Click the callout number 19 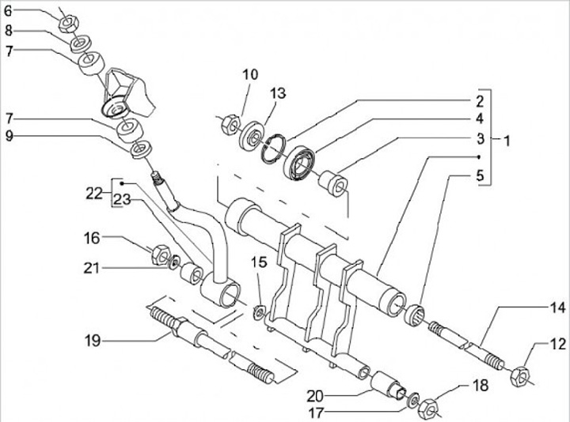pos(93,341)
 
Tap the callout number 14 pos(557,307)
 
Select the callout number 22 pos(93,194)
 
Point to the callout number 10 pos(250,74)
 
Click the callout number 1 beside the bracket pos(507,141)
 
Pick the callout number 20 pos(315,396)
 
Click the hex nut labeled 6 pos(67,24)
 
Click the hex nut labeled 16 pos(160,254)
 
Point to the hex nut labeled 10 pos(230,124)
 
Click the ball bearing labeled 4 pos(299,163)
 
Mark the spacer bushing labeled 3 pos(333,183)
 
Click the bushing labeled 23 pos(192,273)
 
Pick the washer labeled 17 pos(412,399)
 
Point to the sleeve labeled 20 pos(387,385)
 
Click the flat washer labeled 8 pos(81,43)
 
